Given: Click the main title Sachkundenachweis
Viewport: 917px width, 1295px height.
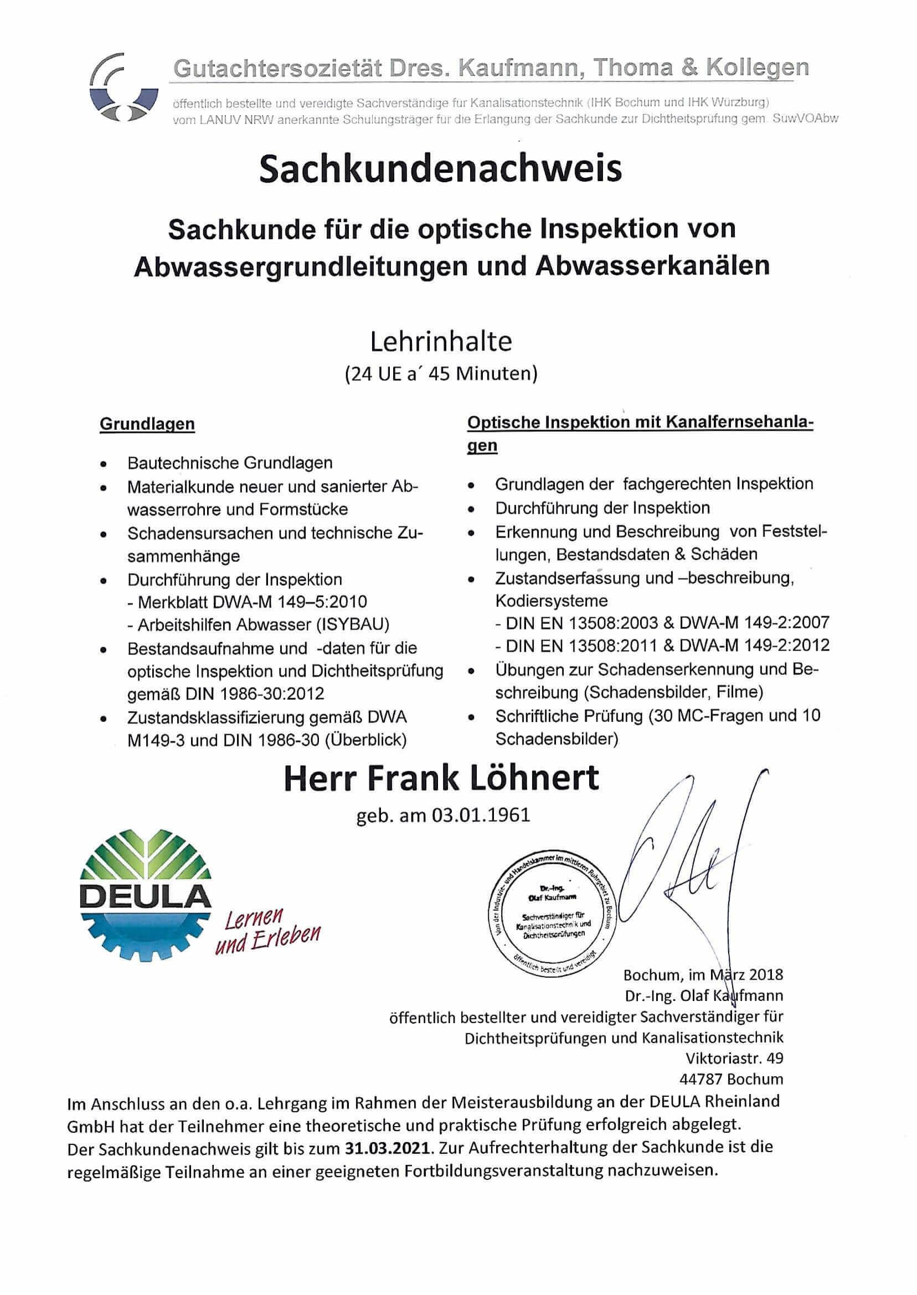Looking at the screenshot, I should click(440, 169).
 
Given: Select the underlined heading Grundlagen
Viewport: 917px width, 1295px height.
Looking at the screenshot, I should click(147, 424).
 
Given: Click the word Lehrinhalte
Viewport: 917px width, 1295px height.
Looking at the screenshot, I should click(441, 342).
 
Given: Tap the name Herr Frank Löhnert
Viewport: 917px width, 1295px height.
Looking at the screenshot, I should click(441, 778).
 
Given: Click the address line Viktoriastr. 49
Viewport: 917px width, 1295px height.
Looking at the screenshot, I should click(734, 1057).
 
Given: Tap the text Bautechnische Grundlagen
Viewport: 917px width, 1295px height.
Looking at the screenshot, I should click(230, 463).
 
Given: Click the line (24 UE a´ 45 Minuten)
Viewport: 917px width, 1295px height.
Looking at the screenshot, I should click(441, 374).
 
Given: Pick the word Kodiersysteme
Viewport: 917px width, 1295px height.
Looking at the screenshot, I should click(551, 600).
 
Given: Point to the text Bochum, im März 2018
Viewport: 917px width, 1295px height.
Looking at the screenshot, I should click(703, 974).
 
